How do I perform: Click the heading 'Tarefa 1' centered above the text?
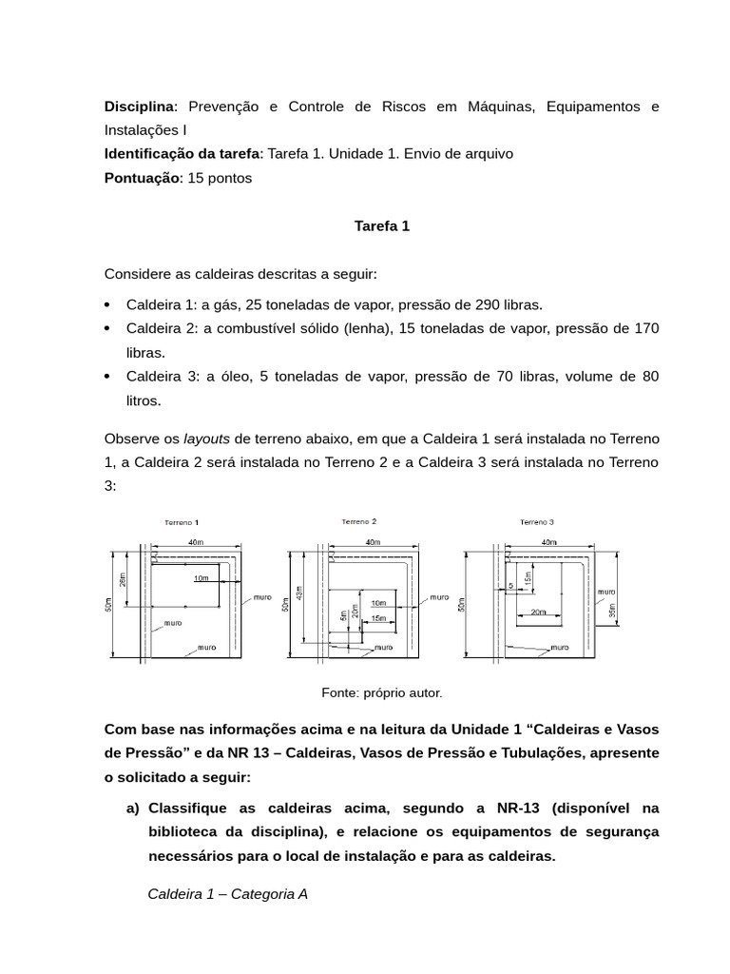pos(381,226)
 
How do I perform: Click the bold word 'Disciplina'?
pos(140,106)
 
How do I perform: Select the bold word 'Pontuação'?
pos(142,178)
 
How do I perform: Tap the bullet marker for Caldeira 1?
pos(107,304)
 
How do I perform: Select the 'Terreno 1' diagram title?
pos(182,522)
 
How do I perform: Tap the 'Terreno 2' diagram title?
pos(359,521)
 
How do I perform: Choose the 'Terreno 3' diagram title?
pos(537,522)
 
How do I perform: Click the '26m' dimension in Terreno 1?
pos(123,579)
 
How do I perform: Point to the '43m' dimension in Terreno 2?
pos(299,593)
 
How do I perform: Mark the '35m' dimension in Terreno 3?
pos(612,610)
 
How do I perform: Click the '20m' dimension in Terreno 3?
pos(538,613)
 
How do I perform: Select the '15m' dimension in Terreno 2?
pos(378,618)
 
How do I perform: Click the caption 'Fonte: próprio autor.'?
pos(382,693)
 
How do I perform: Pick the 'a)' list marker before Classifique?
pos(133,808)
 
